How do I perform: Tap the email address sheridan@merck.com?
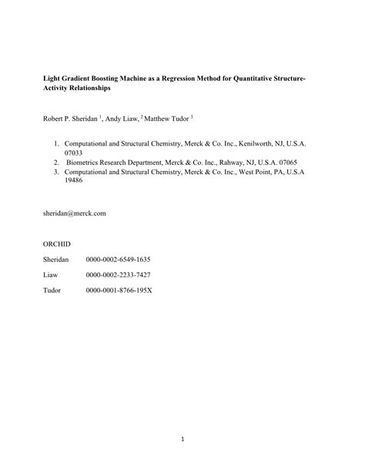[x=74, y=213]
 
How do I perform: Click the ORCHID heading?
[x=56, y=243]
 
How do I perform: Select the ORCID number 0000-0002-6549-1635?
[x=118, y=259]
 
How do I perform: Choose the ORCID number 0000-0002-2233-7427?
[x=118, y=275]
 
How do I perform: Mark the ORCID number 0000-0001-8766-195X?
[x=119, y=291]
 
